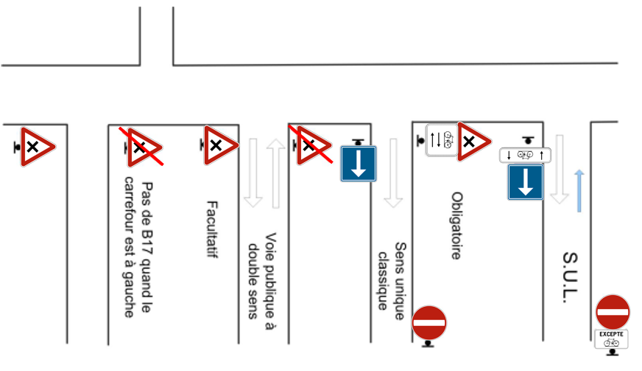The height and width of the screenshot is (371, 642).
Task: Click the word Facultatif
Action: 212,229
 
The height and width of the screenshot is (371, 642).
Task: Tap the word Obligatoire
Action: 457,225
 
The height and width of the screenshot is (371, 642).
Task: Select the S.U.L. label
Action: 570,277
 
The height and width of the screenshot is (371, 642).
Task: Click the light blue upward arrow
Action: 579,190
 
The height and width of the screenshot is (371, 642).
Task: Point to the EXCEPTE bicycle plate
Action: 611,339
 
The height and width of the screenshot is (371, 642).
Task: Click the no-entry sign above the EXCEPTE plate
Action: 613,312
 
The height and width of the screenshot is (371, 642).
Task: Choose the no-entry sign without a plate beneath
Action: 428,322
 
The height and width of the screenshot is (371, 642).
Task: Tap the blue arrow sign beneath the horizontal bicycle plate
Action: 526,182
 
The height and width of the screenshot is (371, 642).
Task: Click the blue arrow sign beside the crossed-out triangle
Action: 359,164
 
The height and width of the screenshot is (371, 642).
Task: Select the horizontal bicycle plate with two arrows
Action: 525,155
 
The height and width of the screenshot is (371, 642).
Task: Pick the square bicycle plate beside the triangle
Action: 442,140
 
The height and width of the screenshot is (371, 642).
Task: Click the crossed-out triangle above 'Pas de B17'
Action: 141,147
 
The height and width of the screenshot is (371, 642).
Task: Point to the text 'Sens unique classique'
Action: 391,281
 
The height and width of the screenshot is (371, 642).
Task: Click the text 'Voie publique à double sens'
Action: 262,281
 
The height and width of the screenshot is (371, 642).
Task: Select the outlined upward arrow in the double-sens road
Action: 275,173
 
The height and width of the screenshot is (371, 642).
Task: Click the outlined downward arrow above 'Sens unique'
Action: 393,173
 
